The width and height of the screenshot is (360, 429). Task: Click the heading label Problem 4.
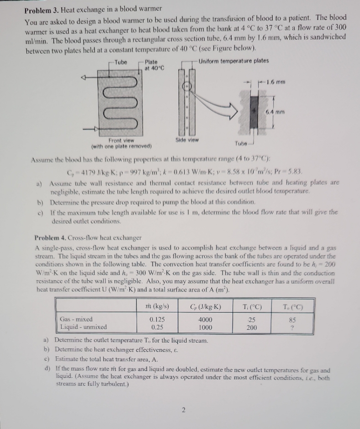51,237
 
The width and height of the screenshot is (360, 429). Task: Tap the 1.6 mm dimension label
277,82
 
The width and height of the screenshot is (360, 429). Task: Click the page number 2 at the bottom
182,410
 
